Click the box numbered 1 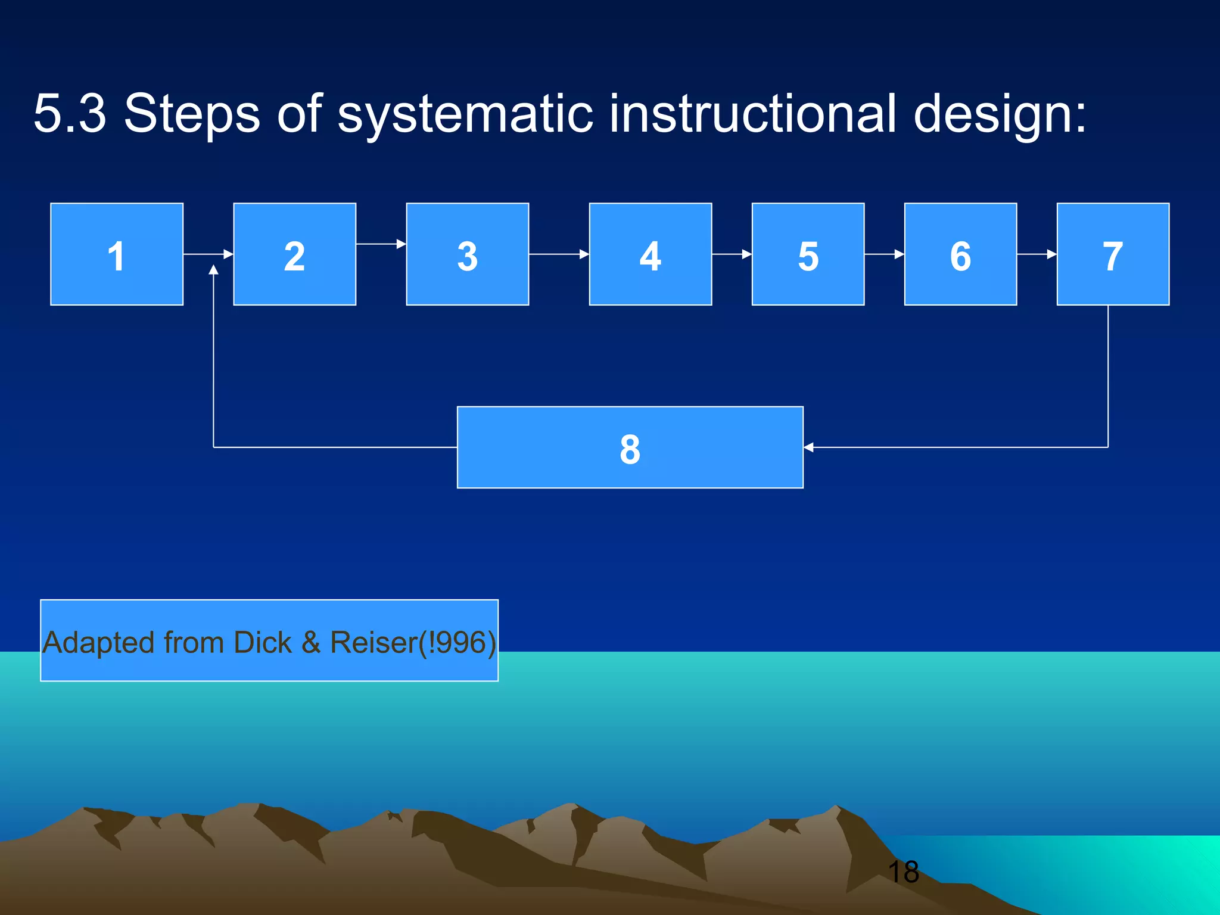tap(117, 254)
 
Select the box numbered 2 tap(294, 254)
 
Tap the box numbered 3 tap(468, 254)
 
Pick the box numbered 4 tap(651, 254)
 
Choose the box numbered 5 tap(808, 254)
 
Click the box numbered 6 tap(960, 254)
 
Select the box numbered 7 tap(1113, 254)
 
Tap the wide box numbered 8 tap(630, 447)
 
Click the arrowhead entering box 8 tap(809, 447)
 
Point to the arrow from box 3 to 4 tap(559, 254)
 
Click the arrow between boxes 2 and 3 tap(381, 244)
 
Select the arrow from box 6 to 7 tap(1037, 254)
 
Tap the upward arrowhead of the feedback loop tap(213, 270)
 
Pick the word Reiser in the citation tap(374, 643)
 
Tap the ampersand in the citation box tap(311, 643)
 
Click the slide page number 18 tap(903, 872)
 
